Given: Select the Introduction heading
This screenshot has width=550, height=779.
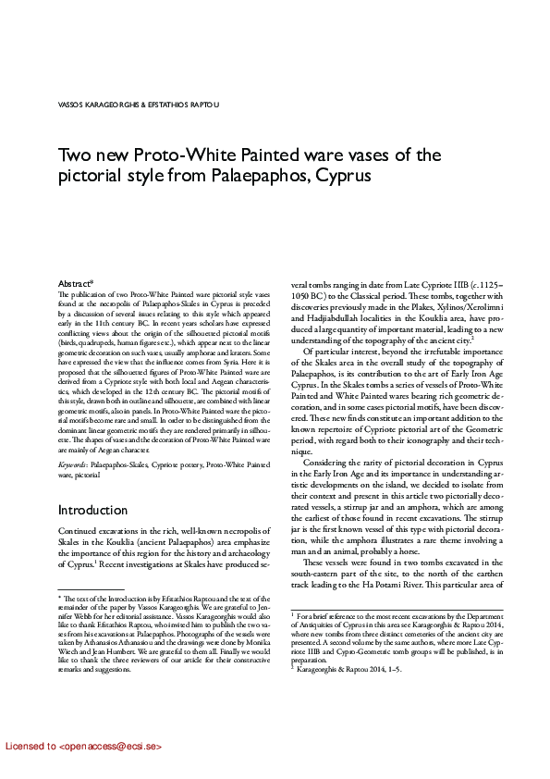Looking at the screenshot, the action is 92,510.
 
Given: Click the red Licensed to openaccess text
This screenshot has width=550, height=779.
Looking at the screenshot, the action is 83,745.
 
